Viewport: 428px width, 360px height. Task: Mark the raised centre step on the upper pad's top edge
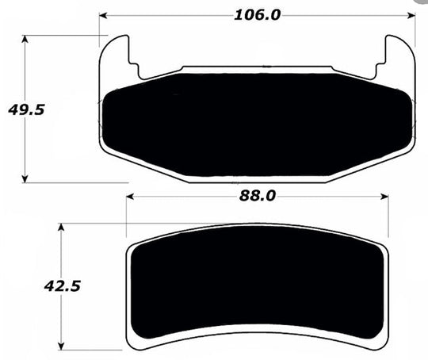(x=258, y=68)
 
